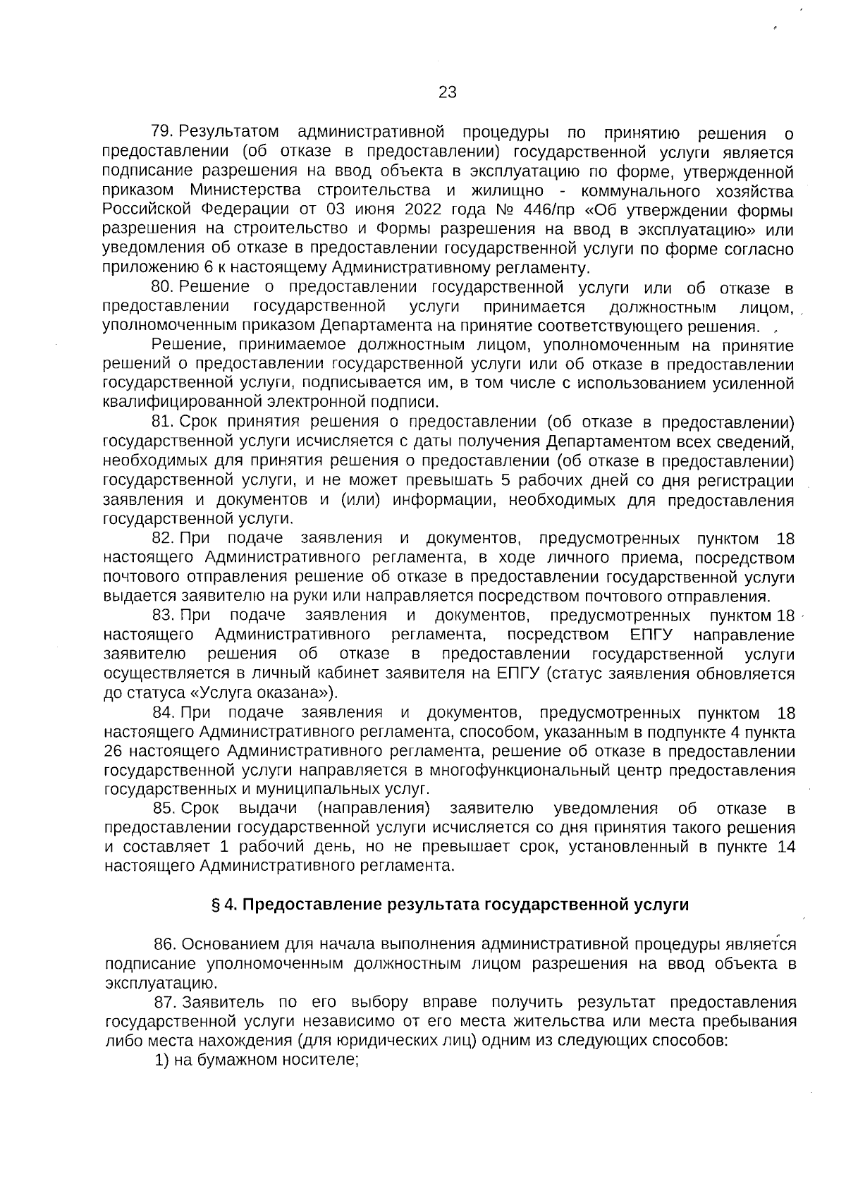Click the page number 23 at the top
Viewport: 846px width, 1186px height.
447,92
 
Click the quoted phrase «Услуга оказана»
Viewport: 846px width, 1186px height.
255,692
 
